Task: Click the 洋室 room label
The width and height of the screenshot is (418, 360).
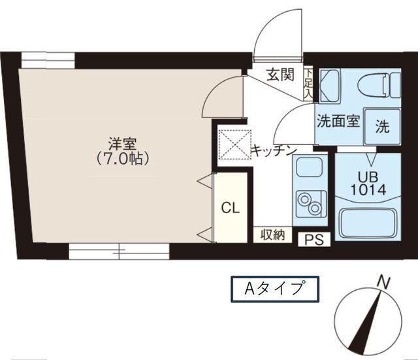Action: [118, 142]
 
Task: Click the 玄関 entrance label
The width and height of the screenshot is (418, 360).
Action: [280, 75]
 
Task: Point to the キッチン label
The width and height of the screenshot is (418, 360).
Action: [274, 150]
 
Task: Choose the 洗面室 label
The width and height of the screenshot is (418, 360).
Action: [338, 122]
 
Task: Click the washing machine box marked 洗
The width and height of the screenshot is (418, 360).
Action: [381, 126]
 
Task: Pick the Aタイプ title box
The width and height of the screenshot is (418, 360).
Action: [274, 288]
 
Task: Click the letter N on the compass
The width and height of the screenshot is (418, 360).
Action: [383, 283]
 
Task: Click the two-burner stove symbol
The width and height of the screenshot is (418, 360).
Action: [306, 202]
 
